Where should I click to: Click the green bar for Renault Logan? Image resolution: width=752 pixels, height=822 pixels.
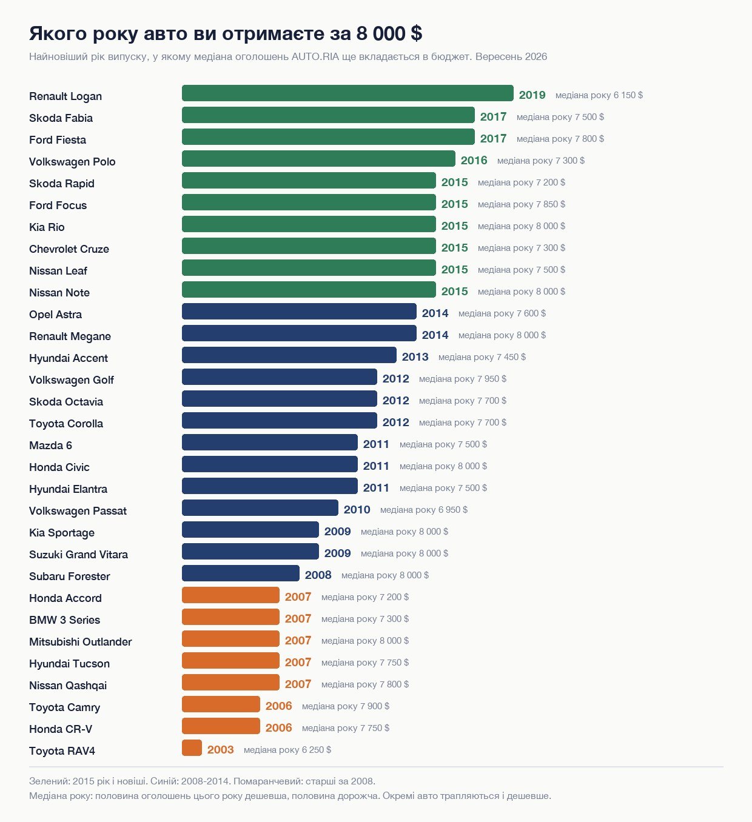coord(347,93)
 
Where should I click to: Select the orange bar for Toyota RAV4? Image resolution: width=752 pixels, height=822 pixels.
coord(192,748)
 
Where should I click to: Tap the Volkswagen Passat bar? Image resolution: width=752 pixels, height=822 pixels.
coord(260,508)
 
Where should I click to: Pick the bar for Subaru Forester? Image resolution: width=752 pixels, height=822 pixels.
coord(241,573)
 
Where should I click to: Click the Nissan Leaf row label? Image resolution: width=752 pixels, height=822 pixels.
coord(58,271)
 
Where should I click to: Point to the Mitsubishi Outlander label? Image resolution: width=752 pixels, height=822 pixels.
coord(81,642)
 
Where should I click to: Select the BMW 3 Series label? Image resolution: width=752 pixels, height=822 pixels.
coord(64,620)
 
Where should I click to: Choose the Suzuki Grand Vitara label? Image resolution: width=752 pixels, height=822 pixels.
coord(78,555)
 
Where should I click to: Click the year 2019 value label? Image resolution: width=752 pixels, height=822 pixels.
coord(532,95)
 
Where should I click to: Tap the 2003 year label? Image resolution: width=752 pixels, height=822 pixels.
coord(220,750)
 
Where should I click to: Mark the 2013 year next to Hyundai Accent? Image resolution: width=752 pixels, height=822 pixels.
coord(415,357)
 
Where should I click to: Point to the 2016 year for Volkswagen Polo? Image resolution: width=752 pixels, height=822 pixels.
coord(474,160)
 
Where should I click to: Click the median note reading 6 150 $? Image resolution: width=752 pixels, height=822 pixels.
coord(599,95)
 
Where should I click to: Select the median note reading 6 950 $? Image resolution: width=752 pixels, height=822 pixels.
coord(423,510)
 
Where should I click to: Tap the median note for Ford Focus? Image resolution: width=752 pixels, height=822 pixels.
coord(521,204)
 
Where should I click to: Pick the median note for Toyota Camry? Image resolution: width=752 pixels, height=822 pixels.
coord(346,706)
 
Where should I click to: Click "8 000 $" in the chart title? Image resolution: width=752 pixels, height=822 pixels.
coord(389,33)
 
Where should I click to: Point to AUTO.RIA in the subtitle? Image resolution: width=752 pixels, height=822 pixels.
coord(315,56)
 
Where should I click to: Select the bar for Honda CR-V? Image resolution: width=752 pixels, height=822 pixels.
coord(221,726)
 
